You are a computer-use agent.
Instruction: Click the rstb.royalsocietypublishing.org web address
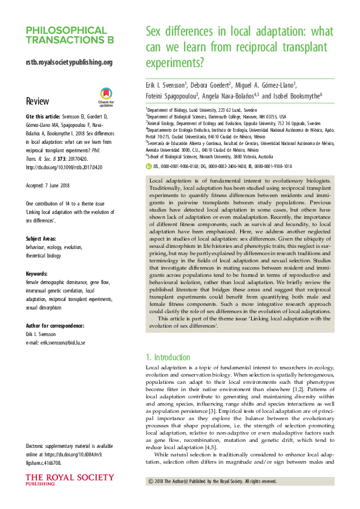[69, 62]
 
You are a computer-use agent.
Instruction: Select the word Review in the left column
[38, 101]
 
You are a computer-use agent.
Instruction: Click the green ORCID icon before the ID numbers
[149, 164]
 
